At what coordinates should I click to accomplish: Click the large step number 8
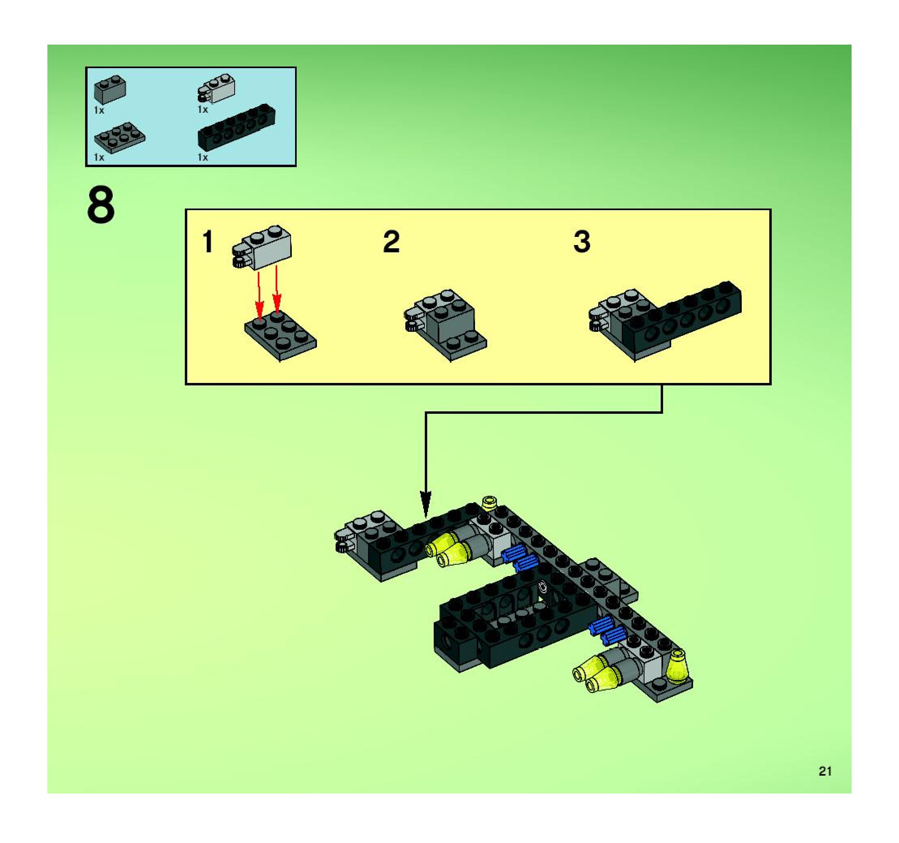pyautogui.click(x=101, y=206)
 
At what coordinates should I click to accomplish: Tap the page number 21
pyautogui.click(x=825, y=771)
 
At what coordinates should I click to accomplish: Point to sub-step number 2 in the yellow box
pyautogui.click(x=391, y=242)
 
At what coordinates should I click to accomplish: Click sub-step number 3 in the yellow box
pyautogui.click(x=582, y=242)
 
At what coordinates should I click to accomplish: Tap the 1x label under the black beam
pyautogui.click(x=203, y=157)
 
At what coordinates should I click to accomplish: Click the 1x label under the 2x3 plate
pyautogui.click(x=99, y=157)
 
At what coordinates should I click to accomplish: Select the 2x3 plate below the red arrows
pyautogui.click(x=280, y=336)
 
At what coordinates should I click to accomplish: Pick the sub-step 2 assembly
pyautogui.click(x=445, y=325)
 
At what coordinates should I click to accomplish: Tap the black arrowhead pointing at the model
pyautogui.click(x=426, y=503)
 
